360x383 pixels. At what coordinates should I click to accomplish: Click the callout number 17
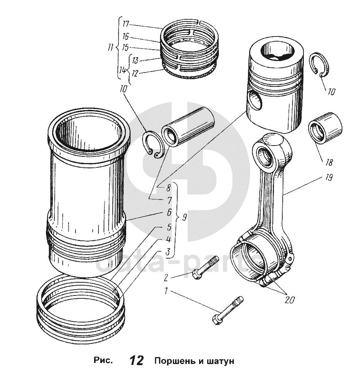[x=126, y=24]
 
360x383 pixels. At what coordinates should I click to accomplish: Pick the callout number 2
[x=166, y=278]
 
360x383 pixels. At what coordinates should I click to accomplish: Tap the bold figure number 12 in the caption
[x=136, y=361]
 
